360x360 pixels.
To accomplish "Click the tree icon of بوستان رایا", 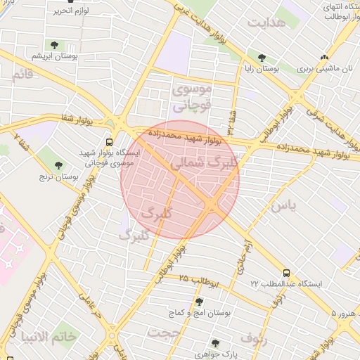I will point(262,58).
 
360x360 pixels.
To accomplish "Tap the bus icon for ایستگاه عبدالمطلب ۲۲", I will point(286,272).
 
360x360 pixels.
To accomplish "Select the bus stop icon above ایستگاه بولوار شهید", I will point(108,141).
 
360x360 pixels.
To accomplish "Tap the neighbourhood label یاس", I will point(283,205).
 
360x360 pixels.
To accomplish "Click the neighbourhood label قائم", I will point(22,74).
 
